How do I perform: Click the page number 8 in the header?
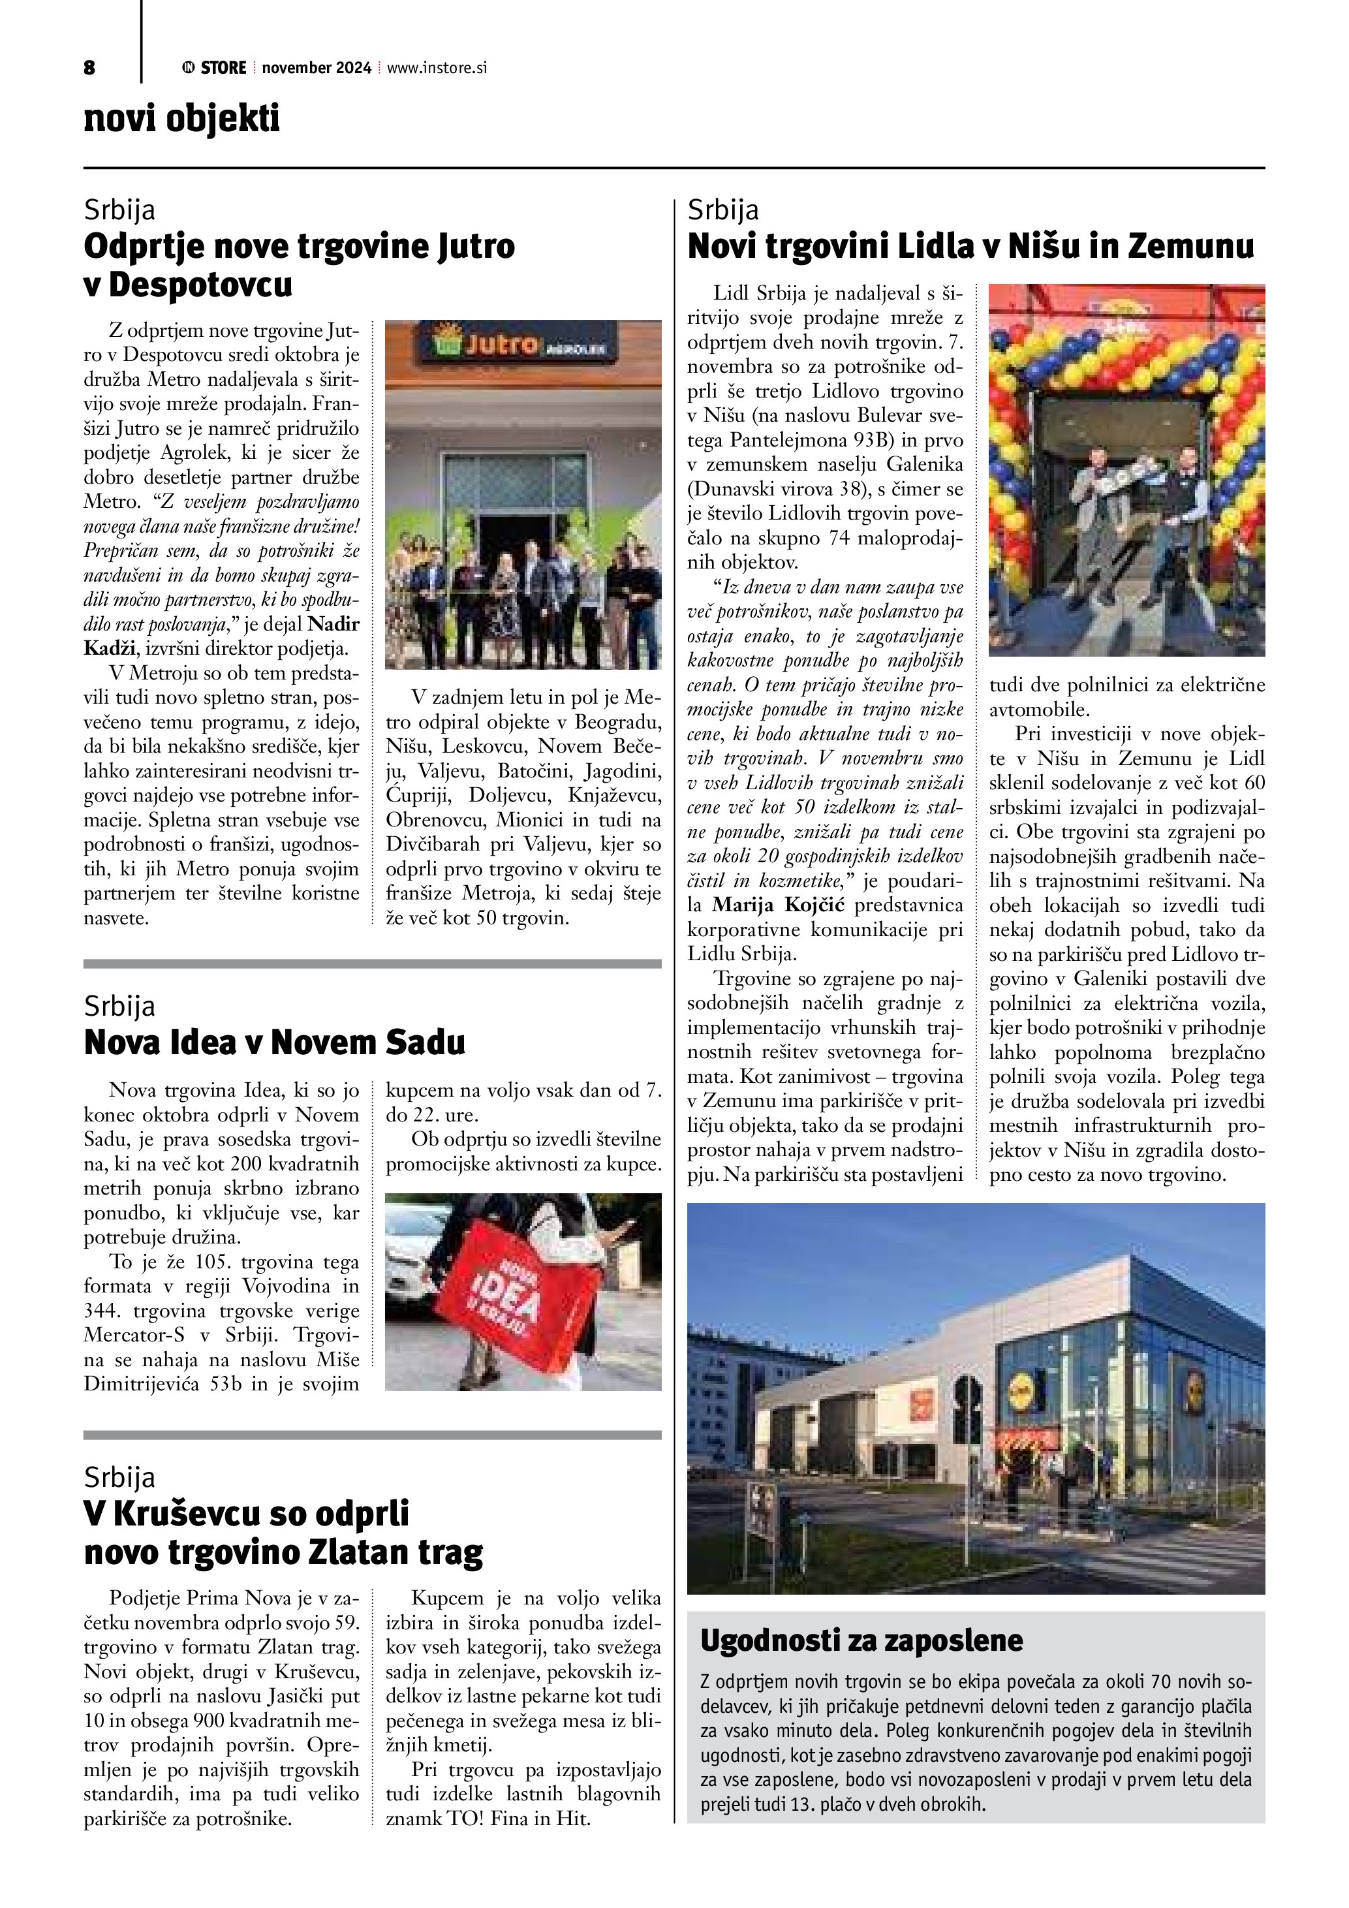point(89,68)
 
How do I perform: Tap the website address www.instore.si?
point(436,68)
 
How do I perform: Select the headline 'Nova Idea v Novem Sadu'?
point(274,1042)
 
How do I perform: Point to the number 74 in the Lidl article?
point(841,539)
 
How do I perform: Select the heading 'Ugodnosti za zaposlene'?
point(861,1640)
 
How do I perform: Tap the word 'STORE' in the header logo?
point(223,68)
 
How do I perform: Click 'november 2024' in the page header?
point(317,68)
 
